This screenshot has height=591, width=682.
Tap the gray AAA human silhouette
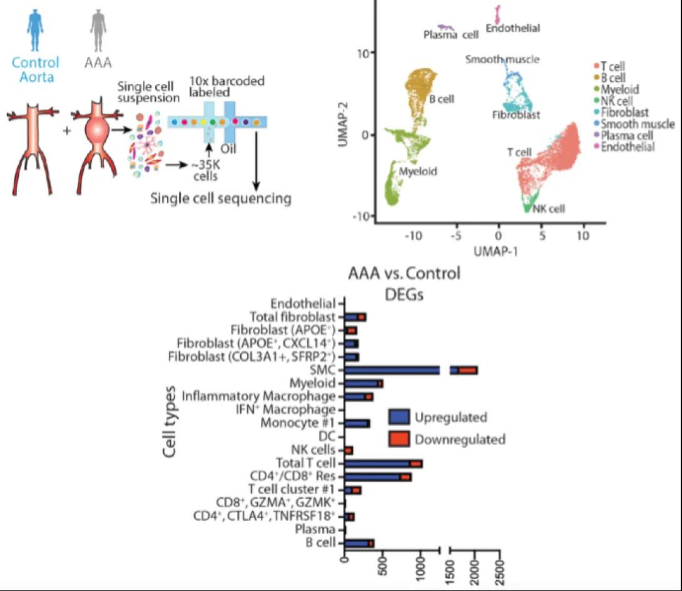point(98,31)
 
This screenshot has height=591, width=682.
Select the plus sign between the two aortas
point(67,130)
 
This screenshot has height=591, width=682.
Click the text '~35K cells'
point(205,171)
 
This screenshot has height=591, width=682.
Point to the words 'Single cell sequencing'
point(221,198)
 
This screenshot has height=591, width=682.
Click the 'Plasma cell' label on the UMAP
point(451,35)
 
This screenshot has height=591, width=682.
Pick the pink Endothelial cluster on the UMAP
point(498,14)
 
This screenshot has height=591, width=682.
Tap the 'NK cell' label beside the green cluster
point(549,209)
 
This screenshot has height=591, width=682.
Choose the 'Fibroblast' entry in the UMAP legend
point(624,112)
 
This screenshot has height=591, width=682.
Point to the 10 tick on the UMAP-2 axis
point(368,53)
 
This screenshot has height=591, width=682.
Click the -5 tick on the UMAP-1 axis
point(456,231)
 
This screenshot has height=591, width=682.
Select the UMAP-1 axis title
point(496,251)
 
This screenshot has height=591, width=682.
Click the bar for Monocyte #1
point(357,423)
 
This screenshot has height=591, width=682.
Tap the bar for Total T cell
point(384,463)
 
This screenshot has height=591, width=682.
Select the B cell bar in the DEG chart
point(359,543)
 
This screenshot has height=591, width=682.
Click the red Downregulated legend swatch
point(399,439)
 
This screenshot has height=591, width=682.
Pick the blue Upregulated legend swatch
point(399,417)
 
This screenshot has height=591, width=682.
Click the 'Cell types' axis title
point(169,422)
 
